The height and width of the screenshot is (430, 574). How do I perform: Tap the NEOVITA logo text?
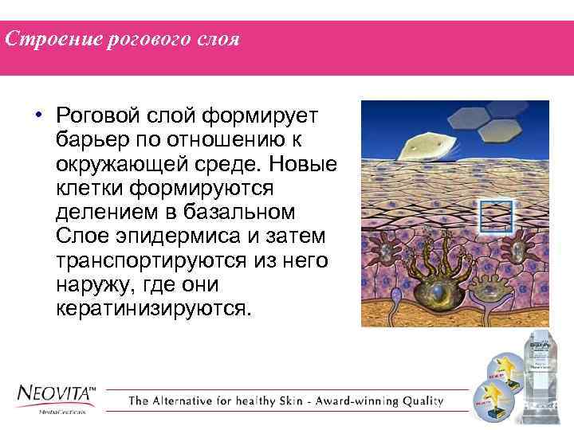(56, 395)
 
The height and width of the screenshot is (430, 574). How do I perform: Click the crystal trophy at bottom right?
(543, 374)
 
